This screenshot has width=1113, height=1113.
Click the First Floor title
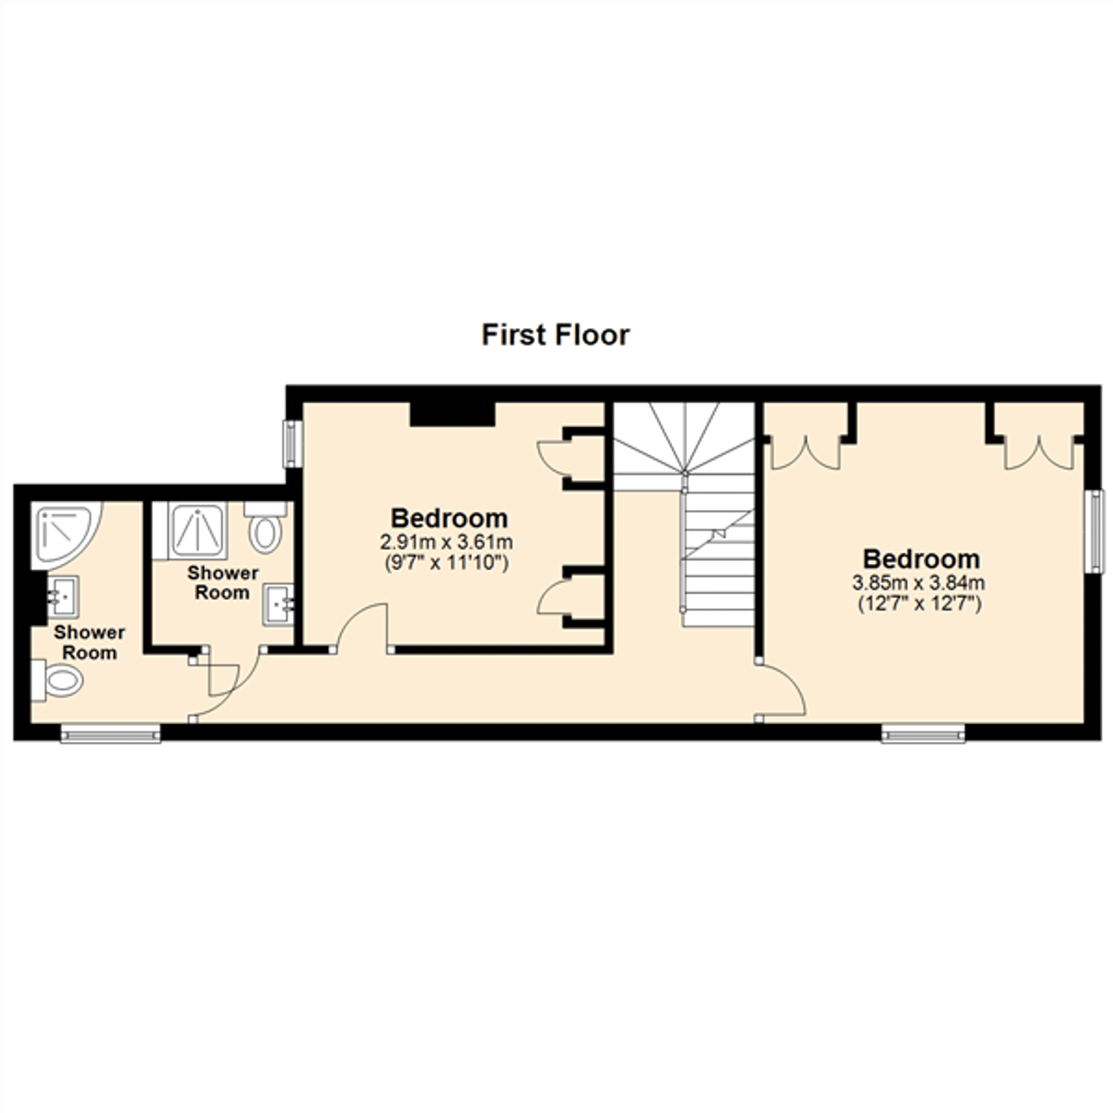pos(555,335)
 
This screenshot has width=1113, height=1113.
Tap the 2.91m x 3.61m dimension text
pos(446,543)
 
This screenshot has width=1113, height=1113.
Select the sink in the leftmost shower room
pos(63,596)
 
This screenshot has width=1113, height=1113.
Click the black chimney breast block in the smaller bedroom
pos(452,414)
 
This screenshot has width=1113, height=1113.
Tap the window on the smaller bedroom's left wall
pos(293,444)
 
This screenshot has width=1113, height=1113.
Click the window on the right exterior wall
pos(1095,531)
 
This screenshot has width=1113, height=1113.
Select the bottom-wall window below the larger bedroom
pos(923,734)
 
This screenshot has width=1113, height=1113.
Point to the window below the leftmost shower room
pos(111,734)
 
